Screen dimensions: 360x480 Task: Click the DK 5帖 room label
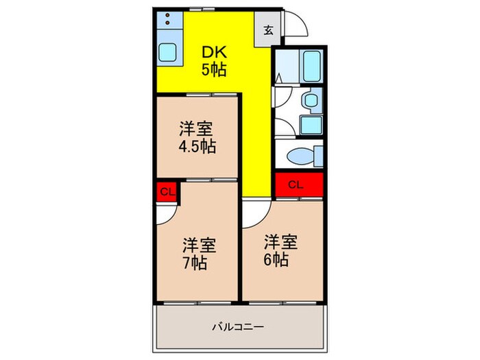[x=214, y=60]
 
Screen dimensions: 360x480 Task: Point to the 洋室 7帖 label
[x=199, y=253]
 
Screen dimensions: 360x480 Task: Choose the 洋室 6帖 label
[x=281, y=250]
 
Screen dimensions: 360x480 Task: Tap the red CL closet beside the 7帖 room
[x=166, y=192]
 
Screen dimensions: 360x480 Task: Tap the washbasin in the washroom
[x=311, y=101]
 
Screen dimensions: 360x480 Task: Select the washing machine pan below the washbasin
[x=311, y=125]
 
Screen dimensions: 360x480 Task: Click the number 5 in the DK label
[x=204, y=69]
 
